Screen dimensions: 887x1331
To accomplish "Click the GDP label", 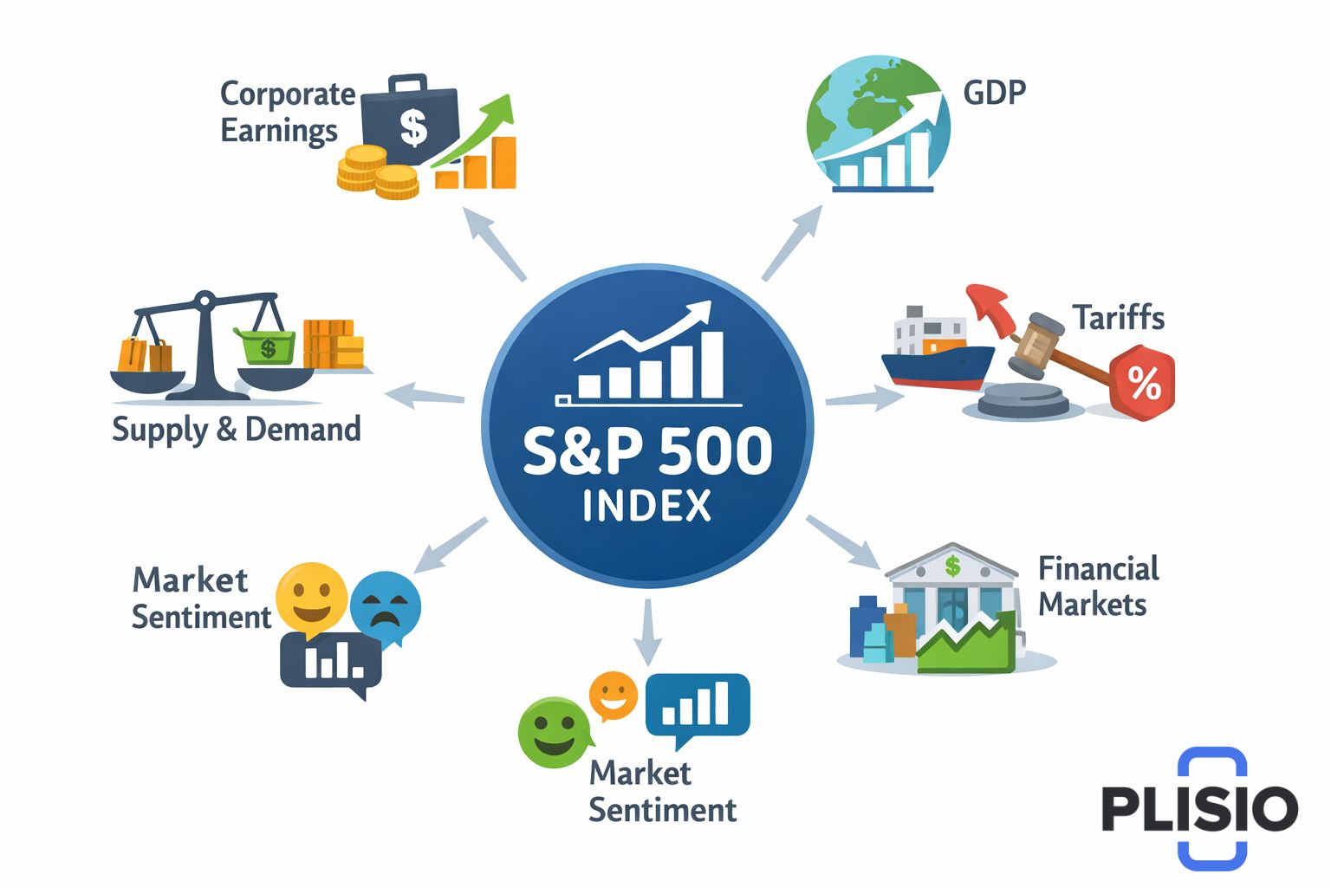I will [994, 92].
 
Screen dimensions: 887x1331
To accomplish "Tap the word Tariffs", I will [1118, 318].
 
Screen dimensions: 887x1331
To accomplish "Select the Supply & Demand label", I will [236, 430].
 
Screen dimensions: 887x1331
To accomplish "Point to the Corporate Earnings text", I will [287, 112].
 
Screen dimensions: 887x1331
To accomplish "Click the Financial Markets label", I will [1098, 586].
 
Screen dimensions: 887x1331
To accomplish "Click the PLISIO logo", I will [1200, 808].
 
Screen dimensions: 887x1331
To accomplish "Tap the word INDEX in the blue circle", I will [646, 506].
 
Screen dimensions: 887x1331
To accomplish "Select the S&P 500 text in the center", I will [646, 450].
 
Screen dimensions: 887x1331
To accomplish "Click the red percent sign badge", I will [1143, 382].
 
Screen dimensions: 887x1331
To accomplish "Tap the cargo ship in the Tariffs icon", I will [936, 351].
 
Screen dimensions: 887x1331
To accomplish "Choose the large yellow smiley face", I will [311, 597].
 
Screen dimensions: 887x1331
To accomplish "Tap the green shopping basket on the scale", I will [265, 346].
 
